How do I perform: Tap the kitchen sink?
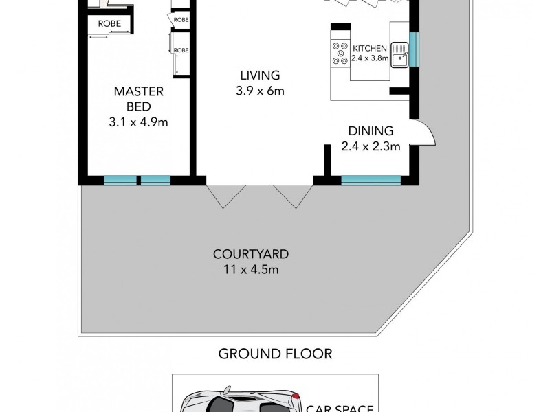(x=400, y=53)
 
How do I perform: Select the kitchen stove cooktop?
(x=340, y=53)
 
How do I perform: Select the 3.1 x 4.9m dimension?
(x=139, y=123)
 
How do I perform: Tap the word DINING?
(x=371, y=130)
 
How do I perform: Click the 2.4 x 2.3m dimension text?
(x=371, y=146)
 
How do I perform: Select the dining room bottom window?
(x=371, y=181)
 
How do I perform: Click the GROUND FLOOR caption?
(x=275, y=354)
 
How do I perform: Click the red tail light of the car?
(x=295, y=396)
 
